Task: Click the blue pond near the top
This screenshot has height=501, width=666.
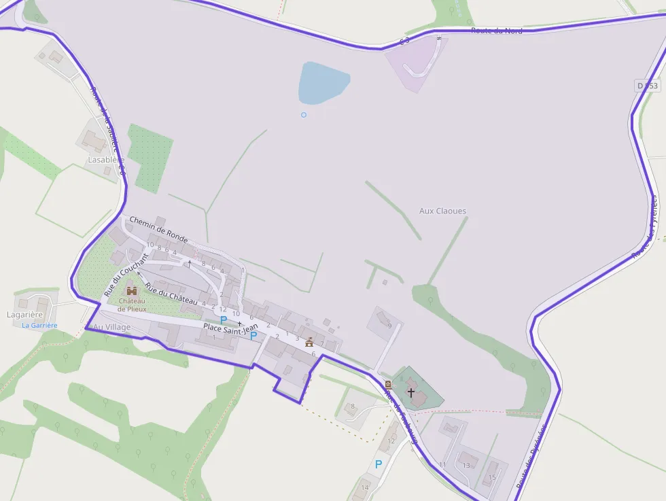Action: pyautogui.click(x=323, y=82)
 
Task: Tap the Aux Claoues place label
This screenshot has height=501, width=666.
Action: pyautogui.click(x=443, y=211)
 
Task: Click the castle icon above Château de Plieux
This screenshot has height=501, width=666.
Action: pyautogui.click(x=132, y=291)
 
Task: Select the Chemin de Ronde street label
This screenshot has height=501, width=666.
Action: pyautogui.click(x=158, y=230)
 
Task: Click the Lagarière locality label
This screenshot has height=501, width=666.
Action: pyautogui.click(x=25, y=315)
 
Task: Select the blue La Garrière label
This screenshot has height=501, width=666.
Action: pyautogui.click(x=39, y=326)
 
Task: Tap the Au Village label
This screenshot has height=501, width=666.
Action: pyautogui.click(x=111, y=327)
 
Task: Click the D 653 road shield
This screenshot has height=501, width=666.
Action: pyautogui.click(x=648, y=86)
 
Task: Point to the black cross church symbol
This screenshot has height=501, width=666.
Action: pyautogui.click(x=410, y=392)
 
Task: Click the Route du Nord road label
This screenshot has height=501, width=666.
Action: pyautogui.click(x=497, y=31)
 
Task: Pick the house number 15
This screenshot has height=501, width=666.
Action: pyautogui.click(x=493, y=477)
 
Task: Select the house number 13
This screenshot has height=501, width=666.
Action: pyautogui.click(x=466, y=465)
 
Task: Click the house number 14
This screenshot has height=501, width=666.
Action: pyautogui.click(x=365, y=487)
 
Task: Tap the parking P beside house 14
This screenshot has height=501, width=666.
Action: pyautogui.click(x=379, y=464)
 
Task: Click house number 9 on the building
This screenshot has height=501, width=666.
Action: pyautogui.click(x=389, y=326)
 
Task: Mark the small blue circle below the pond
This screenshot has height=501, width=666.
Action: pyautogui.click(x=304, y=114)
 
